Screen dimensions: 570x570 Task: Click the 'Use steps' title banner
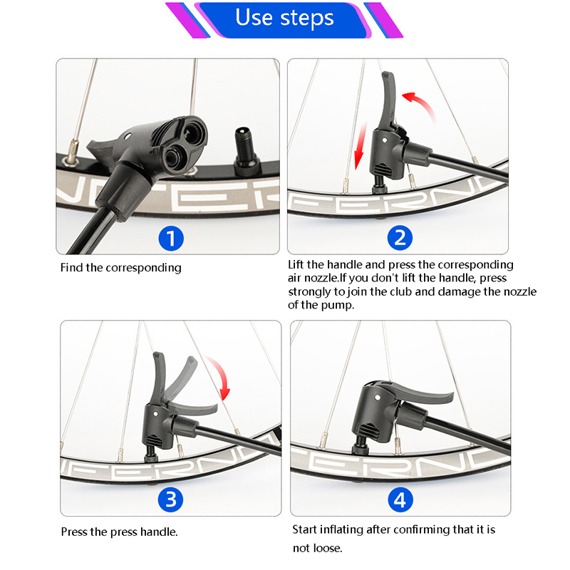point(284,20)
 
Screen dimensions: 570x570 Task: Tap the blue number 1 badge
point(171,239)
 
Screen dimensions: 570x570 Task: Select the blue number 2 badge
point(400,238)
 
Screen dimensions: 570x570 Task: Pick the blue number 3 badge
point(170,499)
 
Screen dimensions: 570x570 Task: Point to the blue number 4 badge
point(400,499)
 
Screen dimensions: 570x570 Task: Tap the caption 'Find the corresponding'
point(120,268)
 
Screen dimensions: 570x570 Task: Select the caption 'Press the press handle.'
point(119,532)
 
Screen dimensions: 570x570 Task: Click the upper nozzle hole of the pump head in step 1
point(192,133)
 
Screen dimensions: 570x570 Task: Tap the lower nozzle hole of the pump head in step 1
point(172,157)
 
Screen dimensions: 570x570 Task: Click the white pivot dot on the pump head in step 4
point(378,398)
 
